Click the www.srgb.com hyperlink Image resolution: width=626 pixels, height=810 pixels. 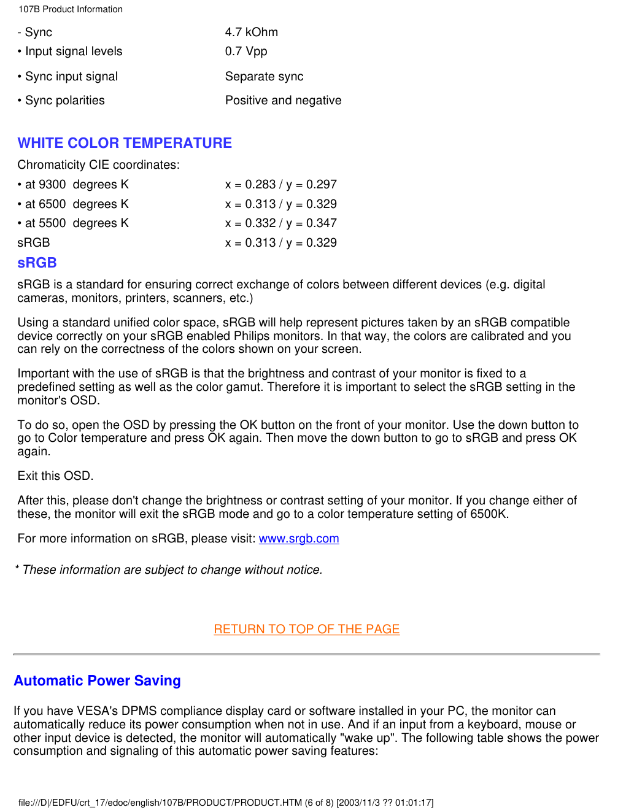coord(299,539)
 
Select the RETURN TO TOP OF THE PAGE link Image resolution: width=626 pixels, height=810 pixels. coord(307,629)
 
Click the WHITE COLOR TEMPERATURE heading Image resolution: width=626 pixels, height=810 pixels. coord(125,143)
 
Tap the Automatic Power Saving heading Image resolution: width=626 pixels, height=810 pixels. coord(97,681)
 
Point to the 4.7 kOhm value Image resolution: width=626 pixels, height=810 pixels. coord(251,32)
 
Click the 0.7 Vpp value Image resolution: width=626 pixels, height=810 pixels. coord(245,52)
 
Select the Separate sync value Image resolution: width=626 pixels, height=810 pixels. coord(264,77)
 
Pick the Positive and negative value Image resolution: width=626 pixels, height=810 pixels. coord(283,101)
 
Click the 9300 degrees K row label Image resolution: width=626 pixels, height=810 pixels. coord(76,185)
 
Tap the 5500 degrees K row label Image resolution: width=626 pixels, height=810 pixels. coord(76,223)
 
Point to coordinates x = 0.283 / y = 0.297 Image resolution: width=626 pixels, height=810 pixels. coord(280,185)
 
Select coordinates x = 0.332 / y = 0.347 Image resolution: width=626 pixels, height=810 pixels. coord(280,223)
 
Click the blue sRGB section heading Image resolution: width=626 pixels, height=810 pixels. coord(37,263)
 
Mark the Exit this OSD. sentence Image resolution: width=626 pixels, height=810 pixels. coord(55,476)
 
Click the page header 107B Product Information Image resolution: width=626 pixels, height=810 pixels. coord(71,9)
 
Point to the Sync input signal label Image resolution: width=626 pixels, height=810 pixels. coord(71,77)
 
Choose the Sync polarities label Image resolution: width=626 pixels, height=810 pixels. coord(64,101)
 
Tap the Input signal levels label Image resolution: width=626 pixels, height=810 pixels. coord(73,52)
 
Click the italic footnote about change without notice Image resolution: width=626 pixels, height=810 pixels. coord(169,570)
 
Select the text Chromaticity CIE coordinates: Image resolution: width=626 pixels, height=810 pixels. coord(98,165)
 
